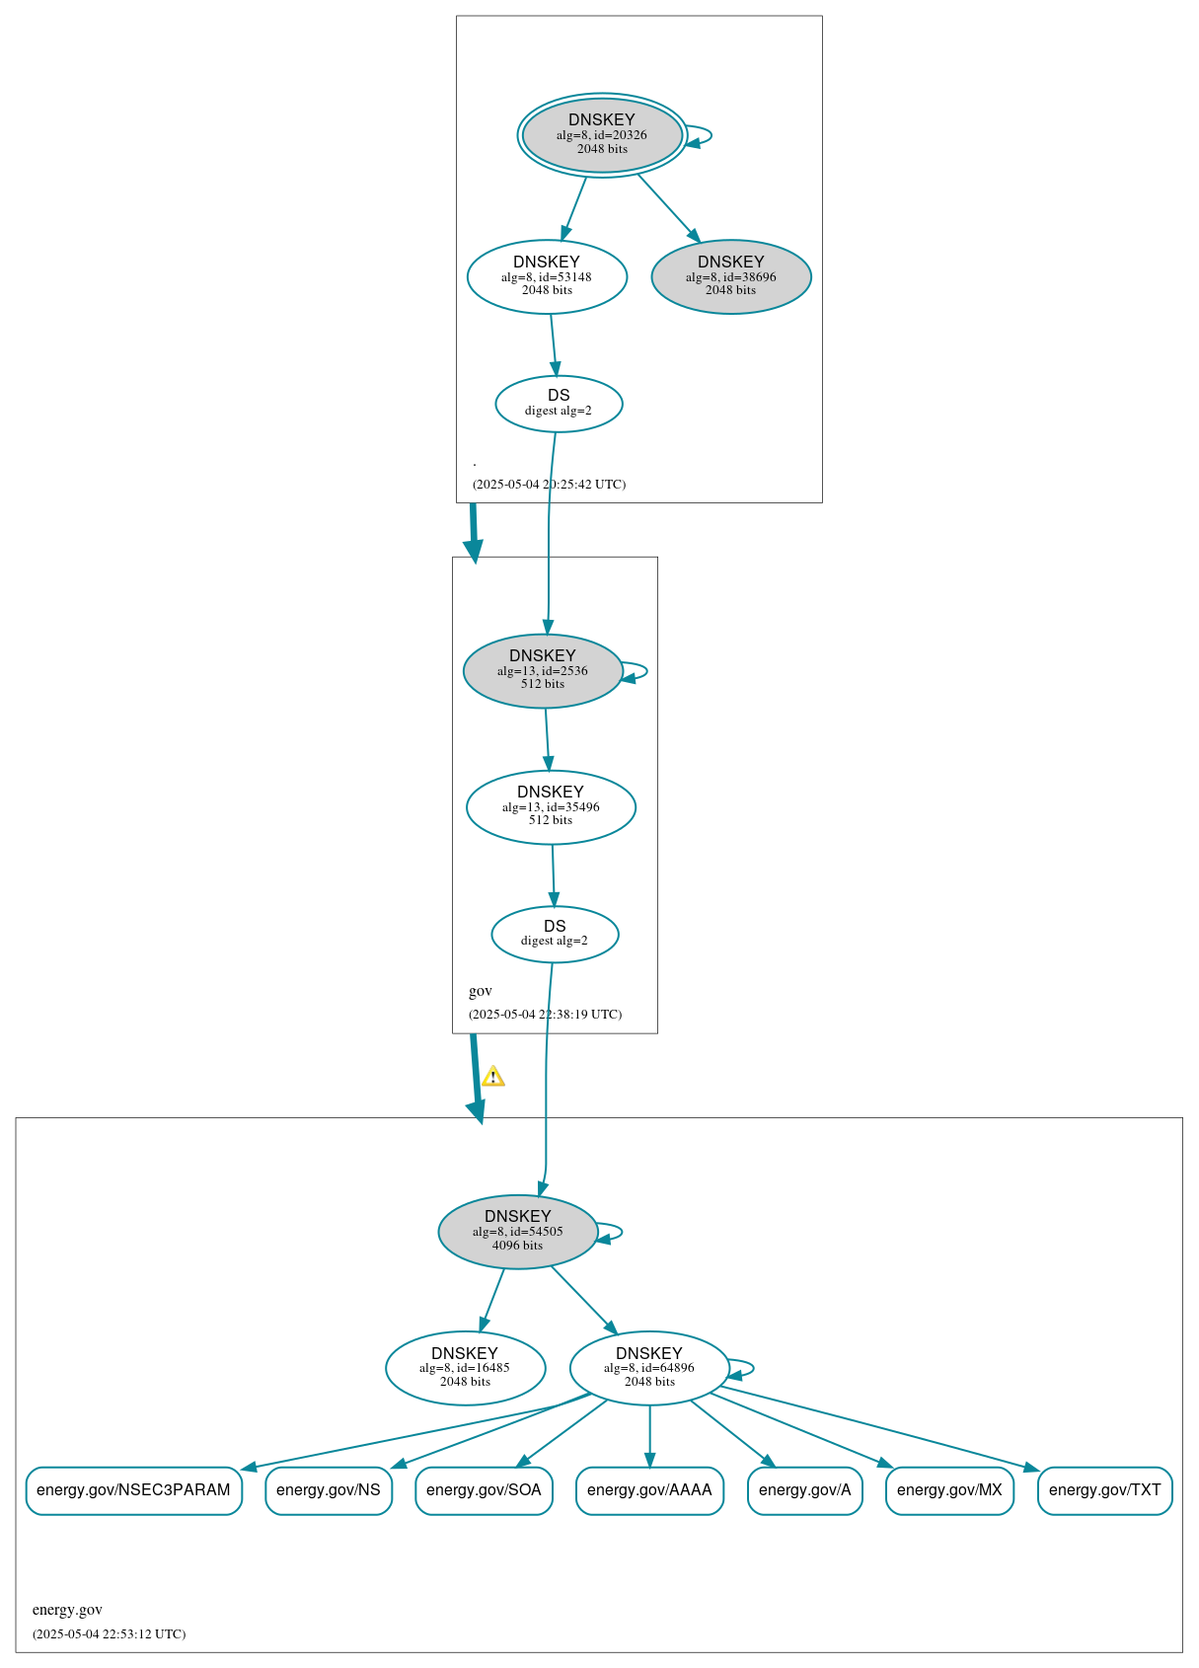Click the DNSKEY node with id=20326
tap(602, 135)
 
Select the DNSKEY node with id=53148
tap(547, 277)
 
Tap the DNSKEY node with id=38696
tap(731, 277)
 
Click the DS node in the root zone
tap(559, 404)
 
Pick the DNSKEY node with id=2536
tap(543, 671)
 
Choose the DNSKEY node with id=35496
tap(551, 807)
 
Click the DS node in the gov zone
tap(555, 934)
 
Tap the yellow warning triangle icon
tap(493, 1076)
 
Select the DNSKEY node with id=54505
tap(518, 1232)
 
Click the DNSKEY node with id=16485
tap(465, 1368)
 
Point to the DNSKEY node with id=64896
tap(649, 1368)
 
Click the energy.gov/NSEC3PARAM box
tap(133, 1490)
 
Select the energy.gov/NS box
tap(329, 1490)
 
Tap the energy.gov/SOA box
tap(484, 1490)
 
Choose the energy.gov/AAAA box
tap(649, 1490)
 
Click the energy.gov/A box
tap(804, 1490)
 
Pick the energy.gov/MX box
tap(949, 1490)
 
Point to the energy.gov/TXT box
tap(1104, 1490)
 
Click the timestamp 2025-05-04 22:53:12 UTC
tap(109, 1633)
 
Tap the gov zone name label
tap(481, 991)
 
